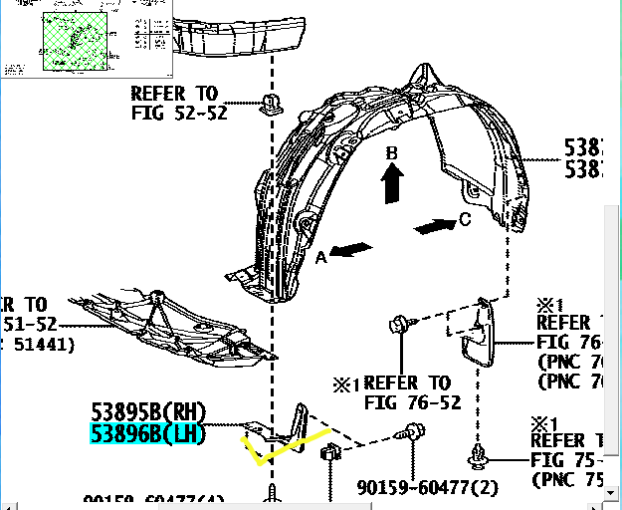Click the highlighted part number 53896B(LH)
click(x=146, y=433)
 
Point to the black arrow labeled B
click(x=393, y=183)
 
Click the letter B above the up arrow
click(x=392, y=154)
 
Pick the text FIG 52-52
click(x=179, y=113)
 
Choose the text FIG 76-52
click(x=413, y=402)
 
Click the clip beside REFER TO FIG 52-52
click(x=270, y=104)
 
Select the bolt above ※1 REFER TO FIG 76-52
click(x=399, y=325)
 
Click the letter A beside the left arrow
click(x=321, y=257)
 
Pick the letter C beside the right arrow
click(x=465, y=220)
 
